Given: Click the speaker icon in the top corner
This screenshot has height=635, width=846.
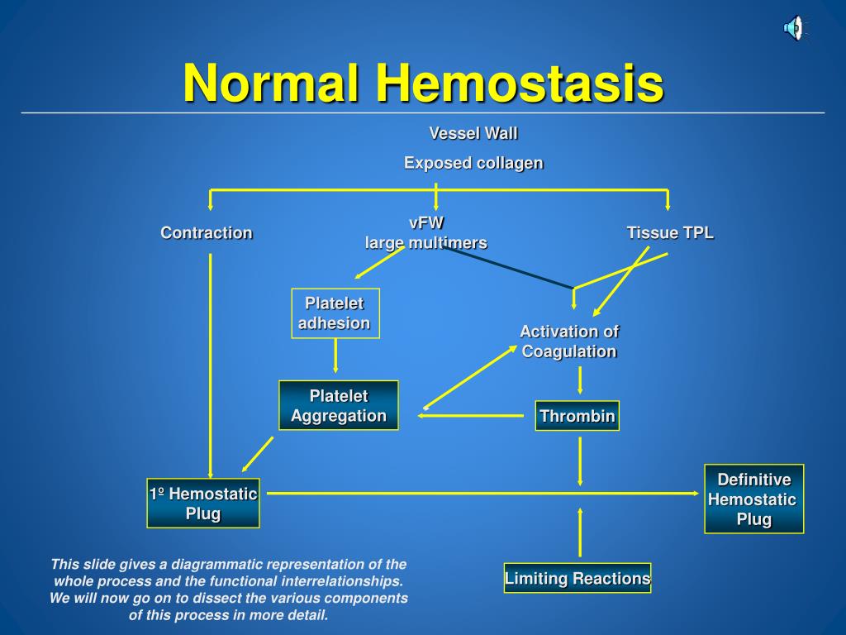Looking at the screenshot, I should pyautogui.click(x=793, y=29).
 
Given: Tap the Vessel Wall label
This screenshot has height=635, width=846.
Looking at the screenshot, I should pyautogui.click(x=473, y=133).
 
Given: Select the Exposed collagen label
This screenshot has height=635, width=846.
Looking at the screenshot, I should pyautogui.click(x=473, y=163).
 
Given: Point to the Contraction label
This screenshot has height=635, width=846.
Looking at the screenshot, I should pyautogui.click(x=207, y=232).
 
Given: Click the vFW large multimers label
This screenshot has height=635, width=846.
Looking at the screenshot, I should pyautogui.click(x=426, y=232).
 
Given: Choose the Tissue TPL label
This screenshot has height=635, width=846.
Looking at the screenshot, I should pyautogui.click(x=670, y=232).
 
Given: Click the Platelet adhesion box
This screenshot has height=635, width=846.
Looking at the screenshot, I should pyautogui.click(x=335, y=313).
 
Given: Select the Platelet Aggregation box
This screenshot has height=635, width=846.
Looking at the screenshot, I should pyautogui.click(x=339, y=405).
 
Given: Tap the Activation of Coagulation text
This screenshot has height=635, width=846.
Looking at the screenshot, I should pyautogui.click(x=569, y=341).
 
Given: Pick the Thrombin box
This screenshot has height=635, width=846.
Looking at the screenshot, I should pyautogui.click(x=577, y=416).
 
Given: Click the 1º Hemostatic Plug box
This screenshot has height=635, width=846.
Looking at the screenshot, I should pyautogui.click(x=203, y=503).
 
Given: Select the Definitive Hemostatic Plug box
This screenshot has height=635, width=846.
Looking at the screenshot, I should pyautogui.click(x=753, y=499).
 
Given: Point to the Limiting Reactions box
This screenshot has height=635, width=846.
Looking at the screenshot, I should pyautogui.click(x=577, y=579).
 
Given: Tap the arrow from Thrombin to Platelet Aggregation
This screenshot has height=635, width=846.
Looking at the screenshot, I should pyautogui.click(x=475, y=416).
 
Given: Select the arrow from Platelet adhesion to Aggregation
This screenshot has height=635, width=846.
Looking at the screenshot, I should pyautogui.click(x=335, y=356).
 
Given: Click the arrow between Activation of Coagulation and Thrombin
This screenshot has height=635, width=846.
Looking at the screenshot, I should pyautogui.click(x=580, y=380).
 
